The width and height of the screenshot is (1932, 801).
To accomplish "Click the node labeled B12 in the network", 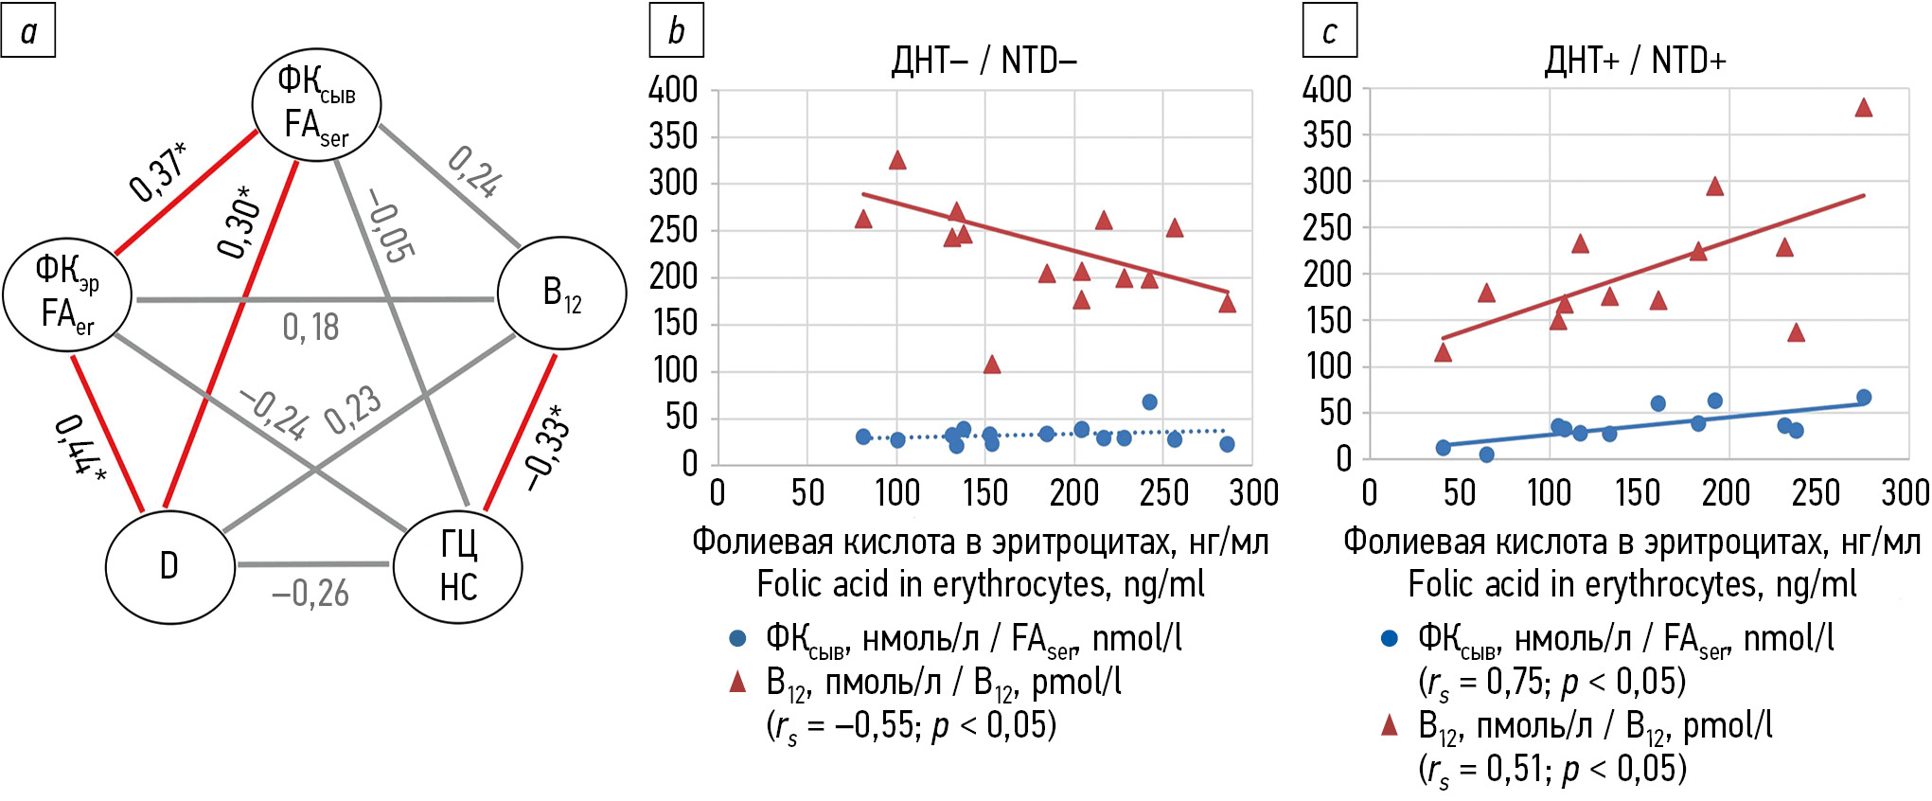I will coord(561,293).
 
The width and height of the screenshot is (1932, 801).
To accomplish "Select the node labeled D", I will coord(169,566).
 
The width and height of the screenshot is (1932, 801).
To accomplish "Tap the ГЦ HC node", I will coord(458,566).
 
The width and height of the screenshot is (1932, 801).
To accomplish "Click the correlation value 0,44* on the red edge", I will coord(80,446).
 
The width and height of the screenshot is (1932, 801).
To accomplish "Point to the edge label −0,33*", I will coord(548,448).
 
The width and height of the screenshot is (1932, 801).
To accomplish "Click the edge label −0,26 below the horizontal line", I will coord(310,594).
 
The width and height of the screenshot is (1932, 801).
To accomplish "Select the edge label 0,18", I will coord(310,328).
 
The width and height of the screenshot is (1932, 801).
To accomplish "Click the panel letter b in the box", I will coord(676,31).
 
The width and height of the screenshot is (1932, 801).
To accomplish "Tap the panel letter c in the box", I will coord(1329,31).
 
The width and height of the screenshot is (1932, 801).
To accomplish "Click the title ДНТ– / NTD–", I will coord(984,62).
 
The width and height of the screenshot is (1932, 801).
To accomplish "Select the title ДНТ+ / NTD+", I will coord(1636,62).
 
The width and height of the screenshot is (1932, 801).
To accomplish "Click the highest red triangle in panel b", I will coord(897,160).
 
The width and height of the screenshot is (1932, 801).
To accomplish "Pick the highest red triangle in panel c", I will coord(1864,108).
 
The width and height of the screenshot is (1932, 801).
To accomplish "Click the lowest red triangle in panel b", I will coord(991,365).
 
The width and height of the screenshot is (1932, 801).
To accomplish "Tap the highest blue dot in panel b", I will coord(1149,402).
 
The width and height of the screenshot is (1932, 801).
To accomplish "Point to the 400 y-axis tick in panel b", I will coord(673,91).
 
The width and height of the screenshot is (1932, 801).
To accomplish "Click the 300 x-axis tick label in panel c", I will coord(1905,492).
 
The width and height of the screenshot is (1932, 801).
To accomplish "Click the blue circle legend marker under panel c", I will coord(1389,638).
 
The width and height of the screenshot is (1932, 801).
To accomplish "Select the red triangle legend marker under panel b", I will coord(737,682).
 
